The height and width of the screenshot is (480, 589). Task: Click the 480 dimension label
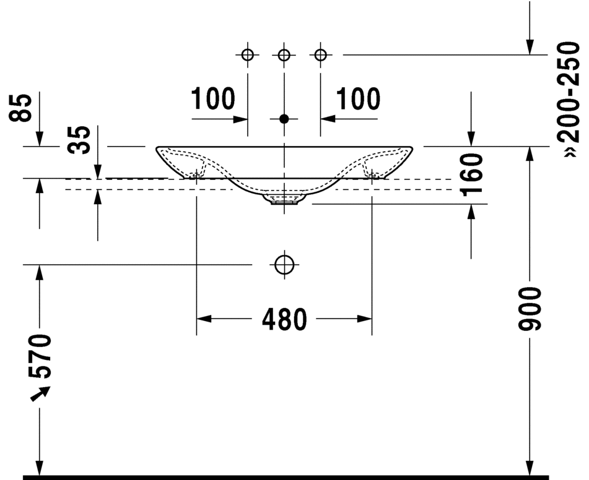tap(284, 319)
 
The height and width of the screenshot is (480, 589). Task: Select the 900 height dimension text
tap(530, 309)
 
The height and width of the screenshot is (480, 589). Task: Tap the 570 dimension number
tap(40, 356)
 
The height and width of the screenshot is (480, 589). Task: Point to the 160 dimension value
tap(471, 174)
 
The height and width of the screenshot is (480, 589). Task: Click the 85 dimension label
tap(20, 108)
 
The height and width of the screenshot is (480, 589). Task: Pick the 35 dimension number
tap(79, 140)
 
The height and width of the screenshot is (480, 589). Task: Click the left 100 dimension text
tap(213, 99)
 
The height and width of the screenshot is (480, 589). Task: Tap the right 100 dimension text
tap(358, 99)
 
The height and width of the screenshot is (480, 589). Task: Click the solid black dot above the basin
tap(284, 119)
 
